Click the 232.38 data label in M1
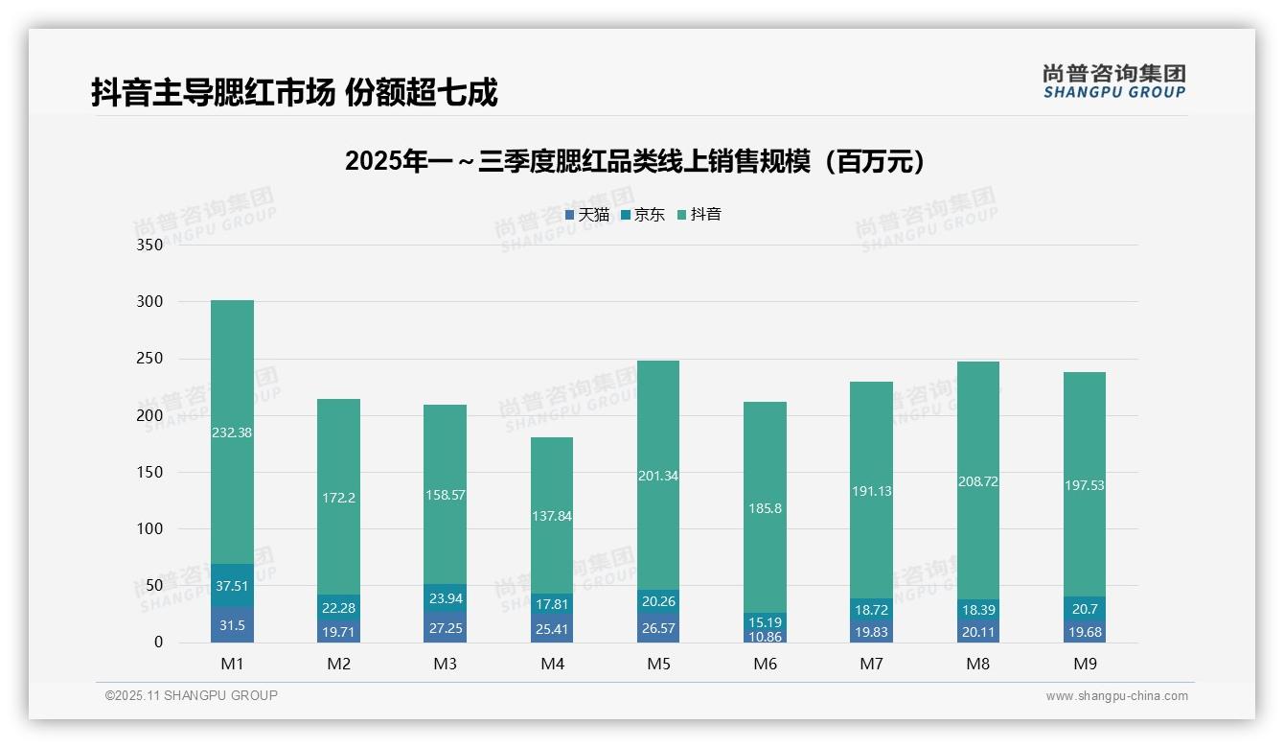coord(232,432)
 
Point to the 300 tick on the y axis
coord(150,301)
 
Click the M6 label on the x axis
coord(765,664)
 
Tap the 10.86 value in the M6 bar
coord(765,636)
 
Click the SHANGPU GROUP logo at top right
coord(1113,82)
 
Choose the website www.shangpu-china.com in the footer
coord(1116,696)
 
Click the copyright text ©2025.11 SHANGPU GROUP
coord(192,695)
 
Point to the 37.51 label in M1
coord(232,585)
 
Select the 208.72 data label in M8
coord(977,481)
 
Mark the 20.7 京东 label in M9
coord(1084,608)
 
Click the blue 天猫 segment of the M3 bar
coord(445,627)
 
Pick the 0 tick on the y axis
coord(158,643)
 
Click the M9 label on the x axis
coord(1084,664)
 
